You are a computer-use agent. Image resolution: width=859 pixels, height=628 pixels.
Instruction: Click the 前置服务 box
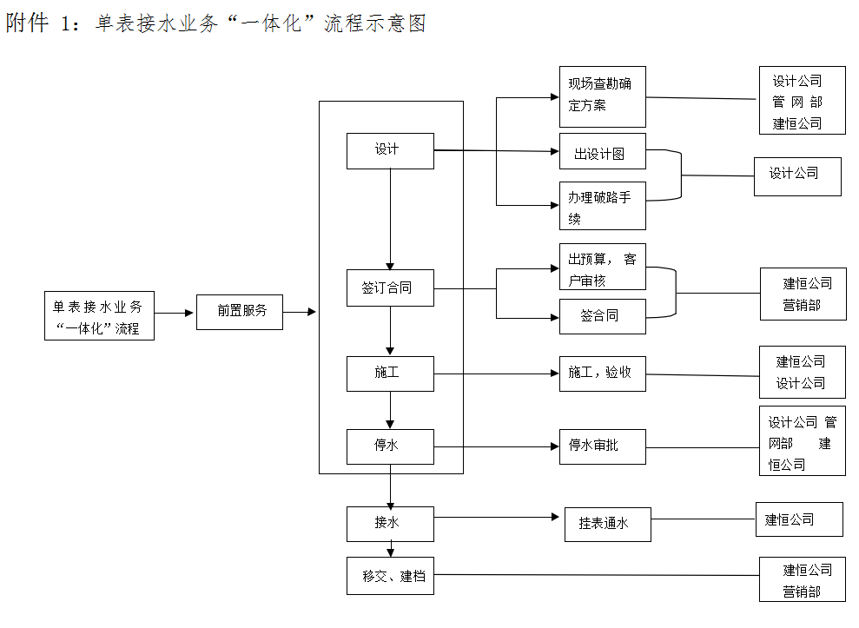pos(239,311)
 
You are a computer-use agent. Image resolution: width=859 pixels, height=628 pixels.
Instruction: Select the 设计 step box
pos(389,150)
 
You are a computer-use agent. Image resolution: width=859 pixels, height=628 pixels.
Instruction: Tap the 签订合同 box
pos(389,288)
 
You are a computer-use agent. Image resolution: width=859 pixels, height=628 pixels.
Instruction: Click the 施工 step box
pos(389,373)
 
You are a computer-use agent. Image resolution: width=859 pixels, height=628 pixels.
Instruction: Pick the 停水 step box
pos(389,446)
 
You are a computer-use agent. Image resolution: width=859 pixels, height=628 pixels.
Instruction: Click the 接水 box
pos(389,523)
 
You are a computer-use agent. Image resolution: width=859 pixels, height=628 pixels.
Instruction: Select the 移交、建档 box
pos(389,576)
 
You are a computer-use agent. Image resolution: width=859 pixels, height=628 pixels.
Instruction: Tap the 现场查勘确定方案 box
pos(602,96)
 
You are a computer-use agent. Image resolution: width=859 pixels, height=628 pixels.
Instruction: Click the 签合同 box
pos(602,316)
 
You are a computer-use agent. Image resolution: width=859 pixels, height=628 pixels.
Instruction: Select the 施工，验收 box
pos(602,373)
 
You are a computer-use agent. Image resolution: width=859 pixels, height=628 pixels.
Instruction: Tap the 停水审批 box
pos(602,446)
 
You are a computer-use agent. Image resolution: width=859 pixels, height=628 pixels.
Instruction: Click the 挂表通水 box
pos(607,524)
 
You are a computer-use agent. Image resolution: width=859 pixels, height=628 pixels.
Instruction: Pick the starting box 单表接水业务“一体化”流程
pos(99,316)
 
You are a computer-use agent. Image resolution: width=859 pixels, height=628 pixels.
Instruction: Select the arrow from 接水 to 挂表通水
pos(495,518)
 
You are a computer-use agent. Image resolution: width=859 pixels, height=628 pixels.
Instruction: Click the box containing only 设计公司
pos(796,176)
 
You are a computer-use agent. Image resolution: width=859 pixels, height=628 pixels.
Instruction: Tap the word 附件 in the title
pos(27,23)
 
